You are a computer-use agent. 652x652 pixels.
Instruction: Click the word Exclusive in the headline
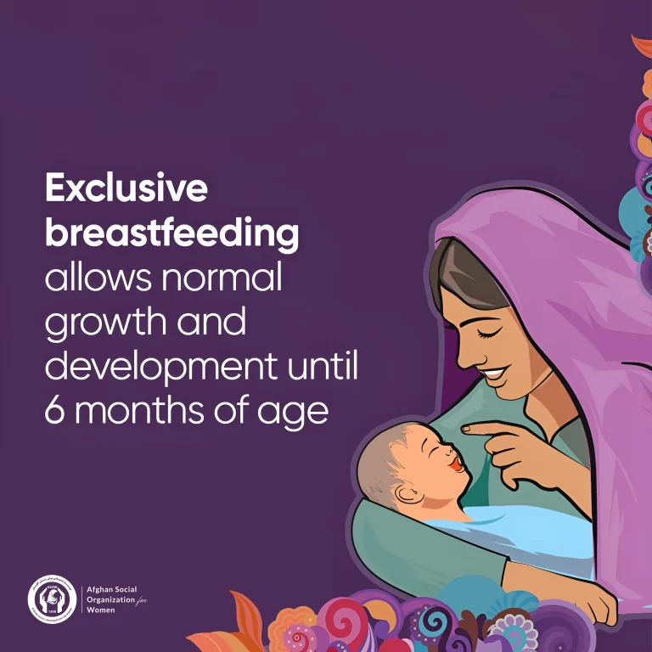point(126,188)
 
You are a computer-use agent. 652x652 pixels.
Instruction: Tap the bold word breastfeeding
point(171,233)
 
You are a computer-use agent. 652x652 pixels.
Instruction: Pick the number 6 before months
point(55,411)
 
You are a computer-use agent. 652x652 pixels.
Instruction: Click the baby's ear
point(405,493)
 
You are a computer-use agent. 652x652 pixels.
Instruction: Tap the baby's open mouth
point(457,464)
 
